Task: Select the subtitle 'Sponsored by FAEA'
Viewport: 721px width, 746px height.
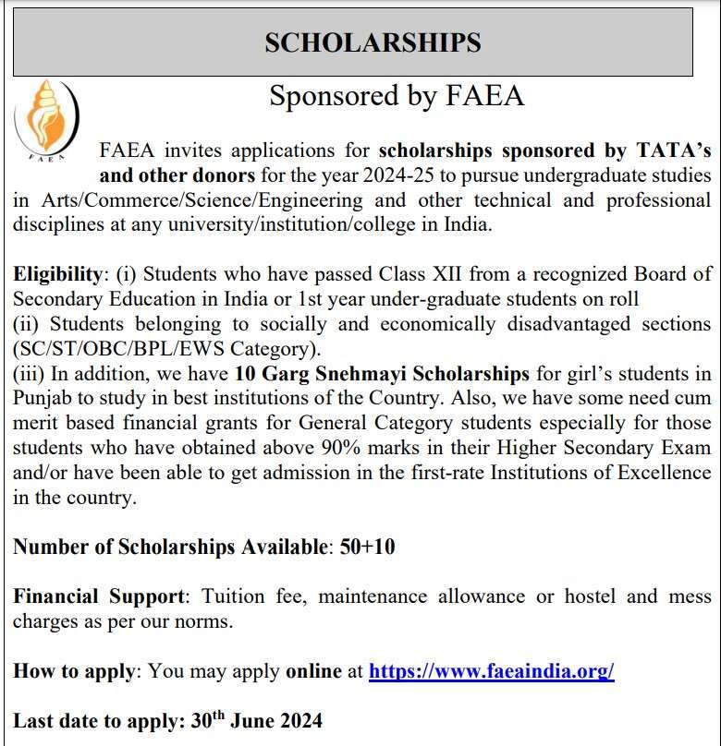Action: click(397, 95)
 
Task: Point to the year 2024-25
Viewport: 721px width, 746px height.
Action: click(418, 174)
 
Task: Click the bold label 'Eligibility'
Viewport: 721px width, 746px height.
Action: click(56, 274)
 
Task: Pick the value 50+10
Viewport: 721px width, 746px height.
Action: click(367, 547)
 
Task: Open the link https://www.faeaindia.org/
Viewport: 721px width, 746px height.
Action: click(491, 671)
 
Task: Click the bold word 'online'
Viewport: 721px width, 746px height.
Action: click(313, 671)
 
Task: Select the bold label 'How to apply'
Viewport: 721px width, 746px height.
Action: click(74, 671)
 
